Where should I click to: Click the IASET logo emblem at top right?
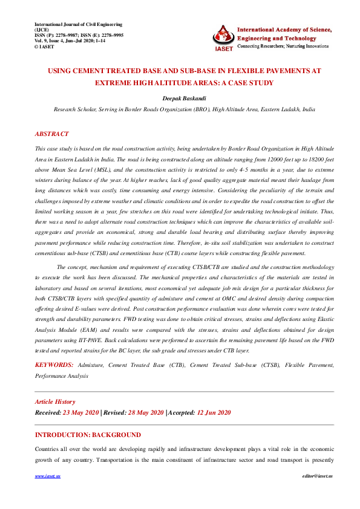pos(223,36)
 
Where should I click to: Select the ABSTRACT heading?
pos(51,134)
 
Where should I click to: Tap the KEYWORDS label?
pos(54,365)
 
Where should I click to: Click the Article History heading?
pos(55,401)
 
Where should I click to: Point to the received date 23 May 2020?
pos(80,412)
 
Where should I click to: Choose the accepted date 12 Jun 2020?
pos(213,412)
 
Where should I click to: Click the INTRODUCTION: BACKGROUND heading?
pos(88,435)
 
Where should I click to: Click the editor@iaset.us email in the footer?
pos(317,476)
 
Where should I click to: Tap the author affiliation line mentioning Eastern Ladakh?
pos(184,109)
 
